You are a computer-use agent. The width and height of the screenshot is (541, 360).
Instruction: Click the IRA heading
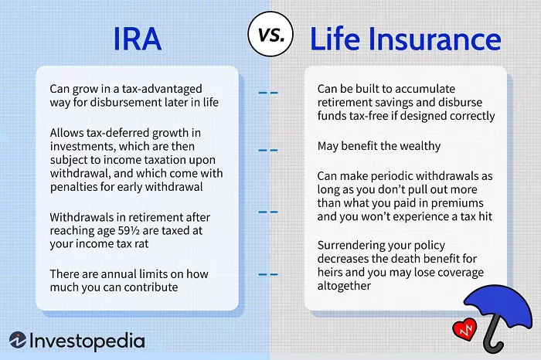[138, 39]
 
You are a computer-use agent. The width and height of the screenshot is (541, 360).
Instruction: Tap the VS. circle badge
[270, 34]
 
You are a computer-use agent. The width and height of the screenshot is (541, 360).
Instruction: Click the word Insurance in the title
[434, 39]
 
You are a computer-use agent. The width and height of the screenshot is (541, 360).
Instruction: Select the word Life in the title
[335, 38]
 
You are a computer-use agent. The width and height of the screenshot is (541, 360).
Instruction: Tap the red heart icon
[464, 329]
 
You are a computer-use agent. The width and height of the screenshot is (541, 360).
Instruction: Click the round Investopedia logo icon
[18, 340]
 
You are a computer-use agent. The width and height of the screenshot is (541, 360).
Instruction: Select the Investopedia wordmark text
[87, 341]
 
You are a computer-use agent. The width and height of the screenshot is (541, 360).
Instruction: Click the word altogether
[344, 286]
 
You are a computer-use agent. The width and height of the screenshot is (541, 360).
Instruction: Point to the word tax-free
[369, 116]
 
